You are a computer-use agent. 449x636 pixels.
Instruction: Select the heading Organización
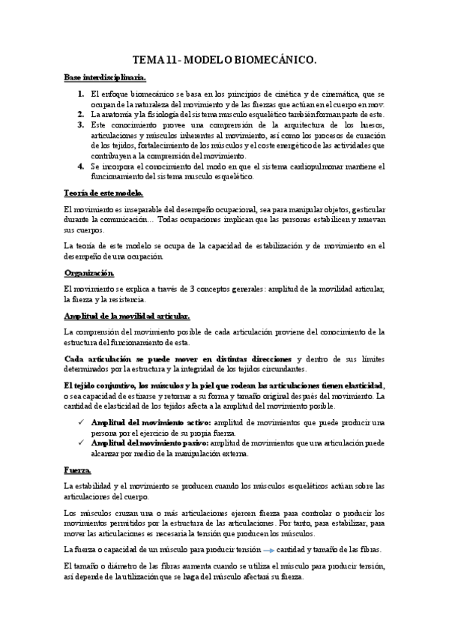tap(88, 273)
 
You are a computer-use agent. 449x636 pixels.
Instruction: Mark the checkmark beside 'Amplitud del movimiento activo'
tap(80, 422)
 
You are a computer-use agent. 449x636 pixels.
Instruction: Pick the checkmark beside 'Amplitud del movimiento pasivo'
tap(80, 443)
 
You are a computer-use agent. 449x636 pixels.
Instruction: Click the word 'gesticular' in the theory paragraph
tap(363, 209)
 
